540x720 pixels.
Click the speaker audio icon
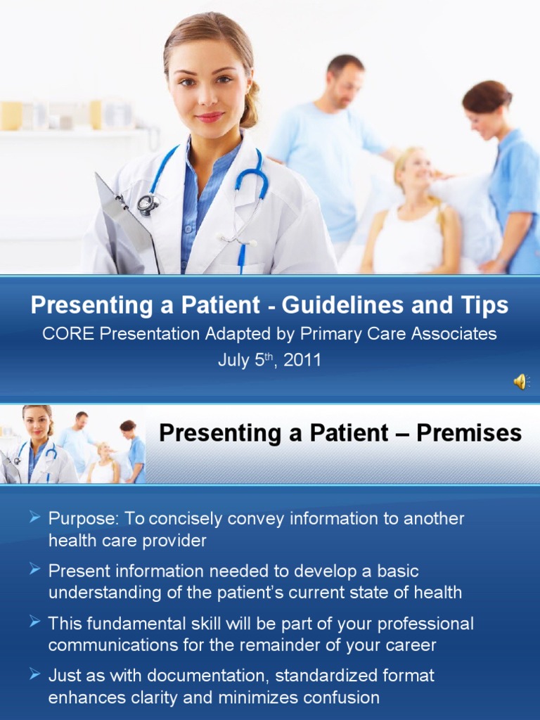521,382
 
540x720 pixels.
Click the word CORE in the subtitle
69,334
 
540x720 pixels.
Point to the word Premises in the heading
469,432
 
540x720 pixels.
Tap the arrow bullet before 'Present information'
35,570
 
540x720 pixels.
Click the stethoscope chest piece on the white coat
148,204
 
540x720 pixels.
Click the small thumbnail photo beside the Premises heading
72,444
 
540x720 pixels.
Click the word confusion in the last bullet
337,697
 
